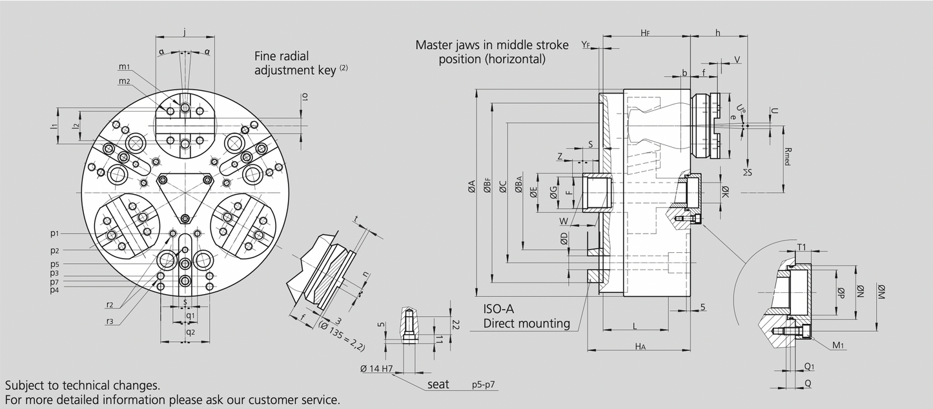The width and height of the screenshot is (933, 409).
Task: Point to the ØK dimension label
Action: [x=725, y=192]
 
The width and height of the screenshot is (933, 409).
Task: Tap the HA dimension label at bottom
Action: [x=640, y=346]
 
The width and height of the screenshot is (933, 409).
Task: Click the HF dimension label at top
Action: [x=645, y=32]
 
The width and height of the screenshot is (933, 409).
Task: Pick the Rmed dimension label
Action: [x=786, y=155]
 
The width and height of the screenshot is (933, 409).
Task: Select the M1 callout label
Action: [x=838, y=346]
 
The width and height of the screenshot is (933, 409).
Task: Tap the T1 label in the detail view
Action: [x=801, y=248]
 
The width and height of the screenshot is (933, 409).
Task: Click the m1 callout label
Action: [x=124, y=67]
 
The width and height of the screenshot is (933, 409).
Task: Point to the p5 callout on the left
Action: [x=55, y=264]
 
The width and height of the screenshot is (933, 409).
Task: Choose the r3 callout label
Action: [x=110, y=321]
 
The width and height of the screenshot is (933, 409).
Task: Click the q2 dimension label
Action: [x=190, y=332]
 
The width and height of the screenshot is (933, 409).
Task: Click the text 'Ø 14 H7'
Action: [x=378, y=369]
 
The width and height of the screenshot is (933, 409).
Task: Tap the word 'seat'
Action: [x=438, y=384]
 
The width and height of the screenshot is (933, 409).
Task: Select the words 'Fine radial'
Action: [x=286, y=55]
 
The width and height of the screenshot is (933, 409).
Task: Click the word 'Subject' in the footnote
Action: [x=27, y=385]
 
